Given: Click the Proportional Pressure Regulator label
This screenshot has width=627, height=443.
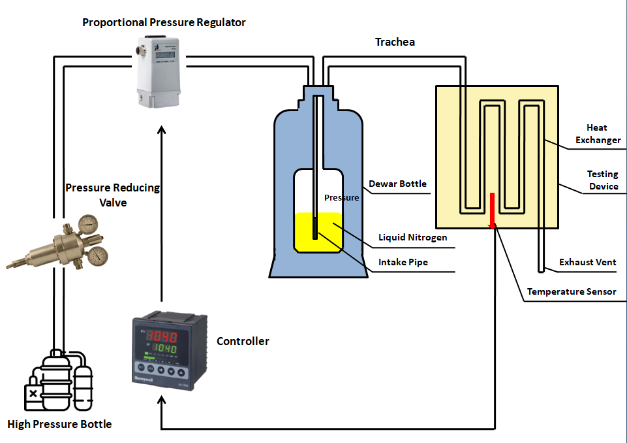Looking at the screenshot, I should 164,22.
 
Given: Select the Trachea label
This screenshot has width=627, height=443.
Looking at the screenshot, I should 395,42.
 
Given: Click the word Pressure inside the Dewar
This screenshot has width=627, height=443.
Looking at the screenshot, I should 342,197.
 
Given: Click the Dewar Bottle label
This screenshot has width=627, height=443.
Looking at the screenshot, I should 397,184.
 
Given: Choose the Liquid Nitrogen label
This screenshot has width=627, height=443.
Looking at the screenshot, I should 413,237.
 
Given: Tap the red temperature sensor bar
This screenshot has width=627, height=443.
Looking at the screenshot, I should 493,209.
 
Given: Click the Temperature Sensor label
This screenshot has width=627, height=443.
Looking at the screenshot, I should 572,291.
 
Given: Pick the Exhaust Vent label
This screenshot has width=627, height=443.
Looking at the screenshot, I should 587,262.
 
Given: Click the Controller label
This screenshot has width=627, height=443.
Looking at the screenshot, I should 243,341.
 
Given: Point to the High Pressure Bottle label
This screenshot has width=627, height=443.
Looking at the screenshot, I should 59,424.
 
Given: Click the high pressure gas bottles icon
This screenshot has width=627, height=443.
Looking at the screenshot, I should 59,382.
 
